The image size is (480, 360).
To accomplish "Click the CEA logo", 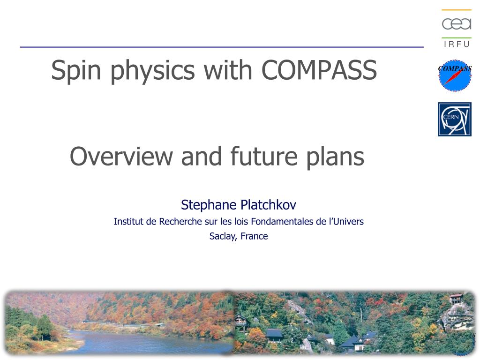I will click(456, 23).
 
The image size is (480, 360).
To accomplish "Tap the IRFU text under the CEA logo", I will click(456, 45).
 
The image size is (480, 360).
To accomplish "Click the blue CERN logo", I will click(455, 119).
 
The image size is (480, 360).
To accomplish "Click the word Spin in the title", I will click(77, 70).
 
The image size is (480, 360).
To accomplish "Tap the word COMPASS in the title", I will click(319, 70).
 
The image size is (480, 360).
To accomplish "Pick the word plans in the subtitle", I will click(335, 157).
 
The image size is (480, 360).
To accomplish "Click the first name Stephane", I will click(208, 205).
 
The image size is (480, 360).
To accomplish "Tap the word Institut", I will click(128, 221).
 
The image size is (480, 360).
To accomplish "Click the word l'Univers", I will click(346, 221).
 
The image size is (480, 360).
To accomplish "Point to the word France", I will click(254, 236).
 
